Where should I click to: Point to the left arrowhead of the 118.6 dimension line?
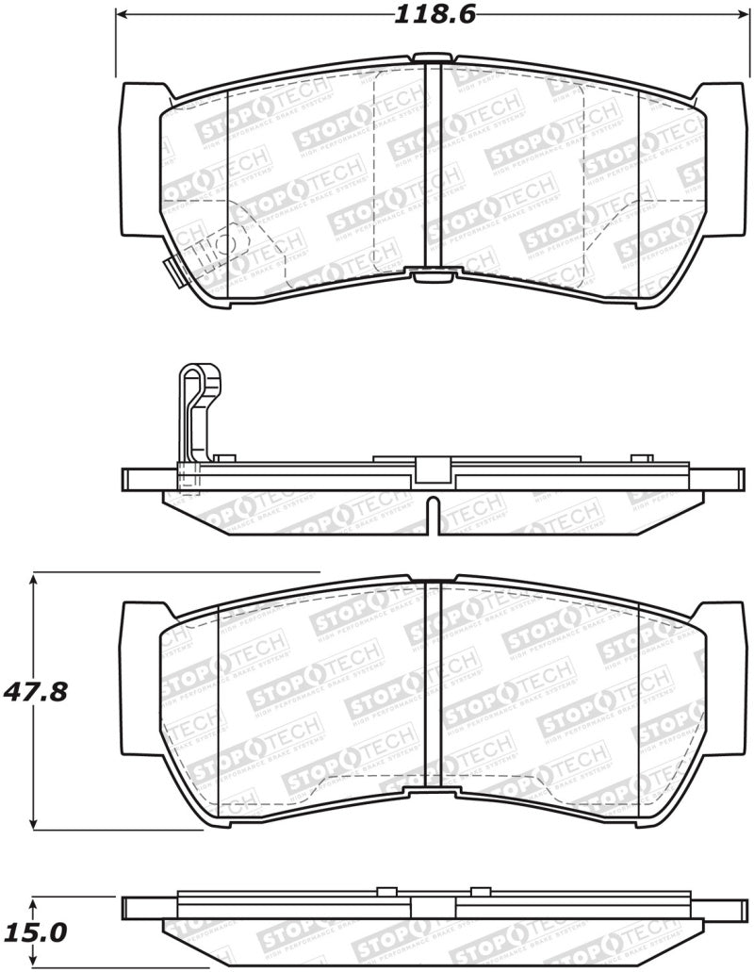pyautogui.click(x=121, y=16)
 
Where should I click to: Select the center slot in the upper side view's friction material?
pyautogui.click(x=432, y=514)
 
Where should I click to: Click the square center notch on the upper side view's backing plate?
pyautogui.click(x=433, y=469)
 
